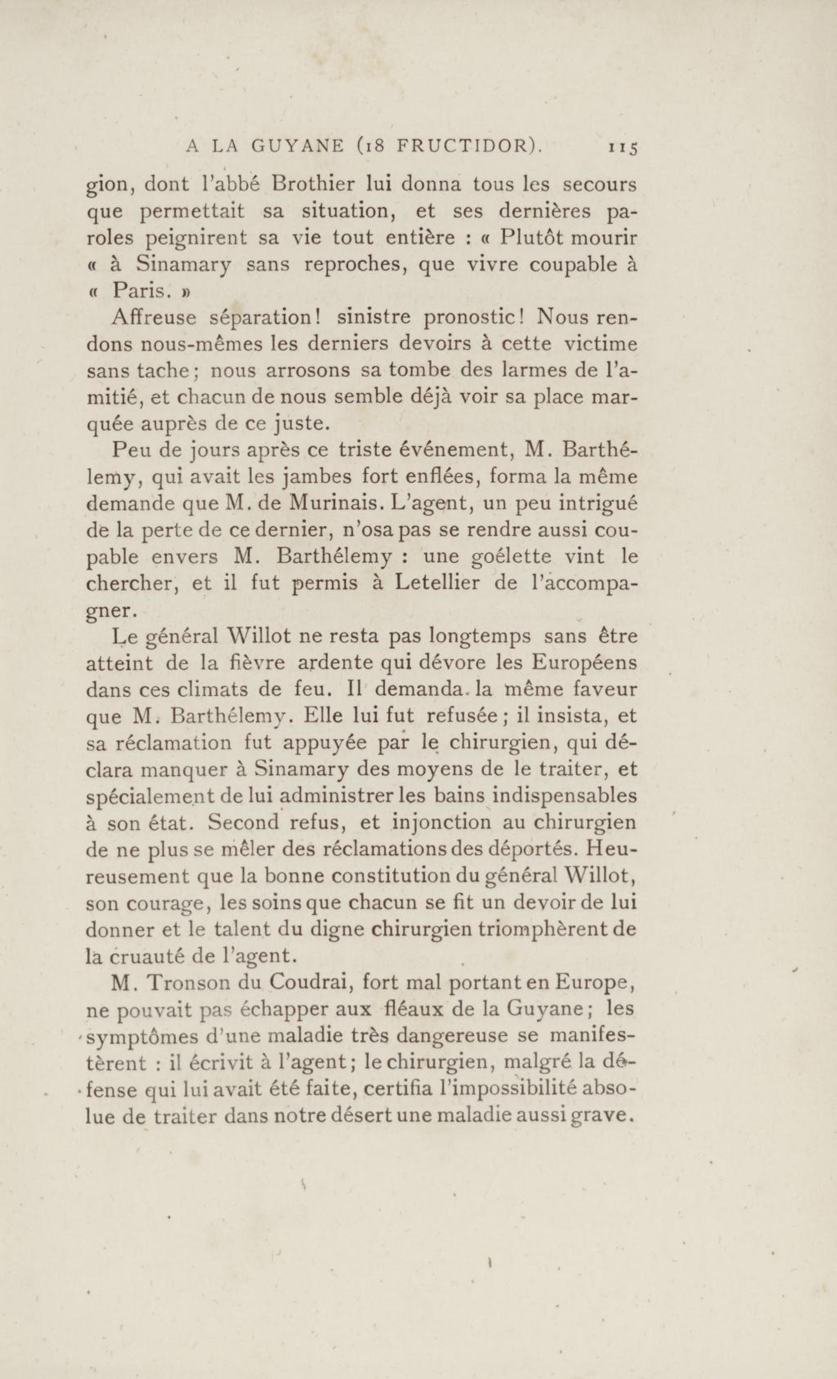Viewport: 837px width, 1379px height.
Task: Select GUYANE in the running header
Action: tap(297, 147)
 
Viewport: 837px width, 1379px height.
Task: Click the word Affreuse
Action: tap(154, 317)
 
